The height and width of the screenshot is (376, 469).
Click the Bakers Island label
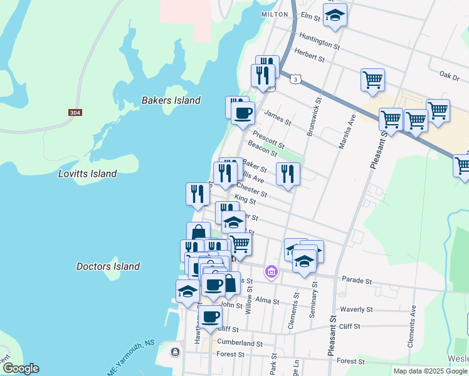click(x=171, y=100)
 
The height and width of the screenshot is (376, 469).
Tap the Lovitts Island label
click(x=87, y=174)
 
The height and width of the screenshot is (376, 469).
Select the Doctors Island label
click(x=108, y=266)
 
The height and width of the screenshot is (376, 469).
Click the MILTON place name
click(x=274, y=14)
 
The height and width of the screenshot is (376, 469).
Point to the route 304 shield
click(x=75, y=113)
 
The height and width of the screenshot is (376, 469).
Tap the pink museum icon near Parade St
click(x=271, y=271)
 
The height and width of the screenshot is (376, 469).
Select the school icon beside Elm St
click(x=335, y=16)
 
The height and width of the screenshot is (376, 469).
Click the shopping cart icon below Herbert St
click(x=372, y=80)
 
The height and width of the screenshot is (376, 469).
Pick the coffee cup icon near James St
click(x=243, y=113)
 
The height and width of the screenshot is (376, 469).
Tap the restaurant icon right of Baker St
click(x=287, y=174)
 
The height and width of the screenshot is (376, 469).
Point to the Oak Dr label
click(x=450, y=74)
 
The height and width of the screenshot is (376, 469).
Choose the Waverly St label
click(x=356, y=310)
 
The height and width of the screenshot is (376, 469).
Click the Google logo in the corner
click(x=20, y=368)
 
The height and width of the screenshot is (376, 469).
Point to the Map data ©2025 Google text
click(x=429, y=371)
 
